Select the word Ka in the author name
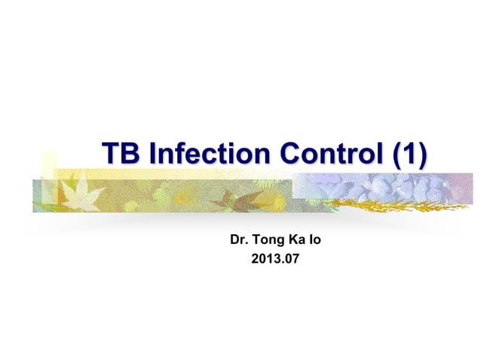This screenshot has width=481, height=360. coord(299,242)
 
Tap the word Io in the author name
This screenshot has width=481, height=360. coord(316,242)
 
